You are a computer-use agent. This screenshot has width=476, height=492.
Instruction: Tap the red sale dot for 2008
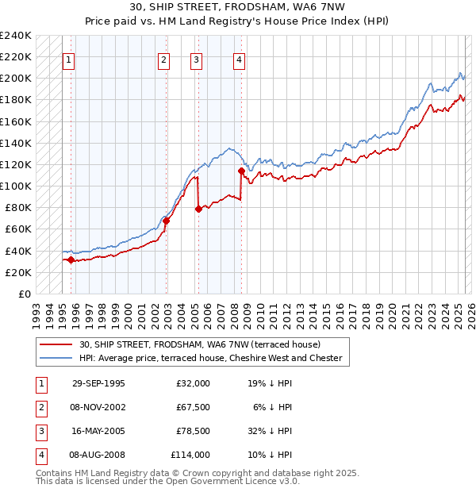pos(240,171)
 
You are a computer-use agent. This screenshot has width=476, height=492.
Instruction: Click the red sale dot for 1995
pos(71,259)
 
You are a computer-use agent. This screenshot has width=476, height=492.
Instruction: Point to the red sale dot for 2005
pos(198,209)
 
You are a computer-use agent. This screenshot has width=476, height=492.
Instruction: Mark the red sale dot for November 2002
pos(167,221)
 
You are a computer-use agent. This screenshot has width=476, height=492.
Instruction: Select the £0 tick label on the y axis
pos(25,294)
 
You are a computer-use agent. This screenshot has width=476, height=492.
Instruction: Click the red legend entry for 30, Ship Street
pos(198,345)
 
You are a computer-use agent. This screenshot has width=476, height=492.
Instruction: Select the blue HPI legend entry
pos(209,358)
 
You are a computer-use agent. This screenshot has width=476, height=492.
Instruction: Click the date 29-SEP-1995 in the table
pos(98,383)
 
